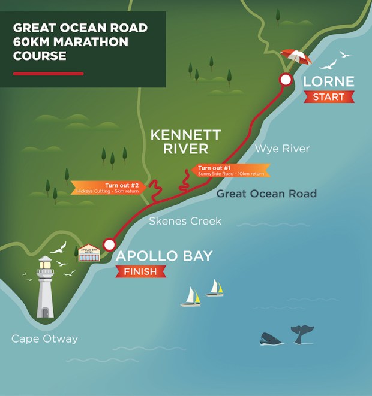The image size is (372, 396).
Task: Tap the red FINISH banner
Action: pyautogui.click(x=140, y=272)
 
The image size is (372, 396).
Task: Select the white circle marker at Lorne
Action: pyautogui.click(x=286, y=80)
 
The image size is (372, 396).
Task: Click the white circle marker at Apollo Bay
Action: pyautogui.click(x=109, y=244)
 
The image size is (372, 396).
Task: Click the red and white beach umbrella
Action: pyautogui.click(x=296, y=58)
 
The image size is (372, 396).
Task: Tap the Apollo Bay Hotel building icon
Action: pyautogui.click(x=88, y=253)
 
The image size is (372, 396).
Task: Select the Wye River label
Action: pyautogui.click(x=283, y=148)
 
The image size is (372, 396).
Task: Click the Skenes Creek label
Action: pyautogui.click(x=185, y=221)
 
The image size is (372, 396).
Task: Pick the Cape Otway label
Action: pyautogui.click(x=44, y=339)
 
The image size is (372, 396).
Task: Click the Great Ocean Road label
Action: pyautogui.click(x=266, y=194)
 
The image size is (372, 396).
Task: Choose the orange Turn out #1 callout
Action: pyautogui.click(x=231, y=170)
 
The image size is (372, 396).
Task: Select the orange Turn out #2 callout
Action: pyautogui.click(x=109, y=188)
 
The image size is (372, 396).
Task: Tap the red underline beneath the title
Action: pyautogui.click(x=48, y=74)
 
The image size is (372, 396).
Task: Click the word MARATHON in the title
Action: pyautogui.click(x=89, y=42)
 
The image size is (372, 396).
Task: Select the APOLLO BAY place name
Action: pyautogui.click(x=164, y=256)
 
